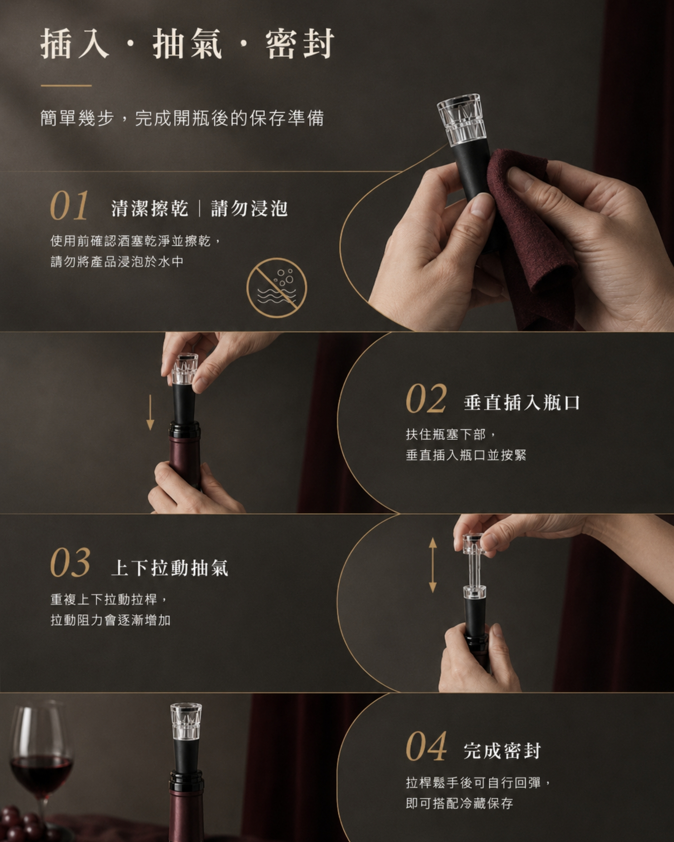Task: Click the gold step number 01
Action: pos(69,206)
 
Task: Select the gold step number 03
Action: pos(70,563)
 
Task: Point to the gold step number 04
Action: pos(426,746)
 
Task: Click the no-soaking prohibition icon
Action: pos(277,287)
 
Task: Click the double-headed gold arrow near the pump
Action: pos(432,565)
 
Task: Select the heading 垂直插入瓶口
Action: pos(522,403)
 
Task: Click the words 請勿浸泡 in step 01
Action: pos(249,208)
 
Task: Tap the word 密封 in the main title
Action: pos(300,44)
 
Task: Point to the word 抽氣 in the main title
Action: pos(187,44)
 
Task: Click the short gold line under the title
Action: pos(66,86)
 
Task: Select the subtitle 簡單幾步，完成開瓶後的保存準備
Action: pos(182,118)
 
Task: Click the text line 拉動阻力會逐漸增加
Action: pos(111,620)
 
